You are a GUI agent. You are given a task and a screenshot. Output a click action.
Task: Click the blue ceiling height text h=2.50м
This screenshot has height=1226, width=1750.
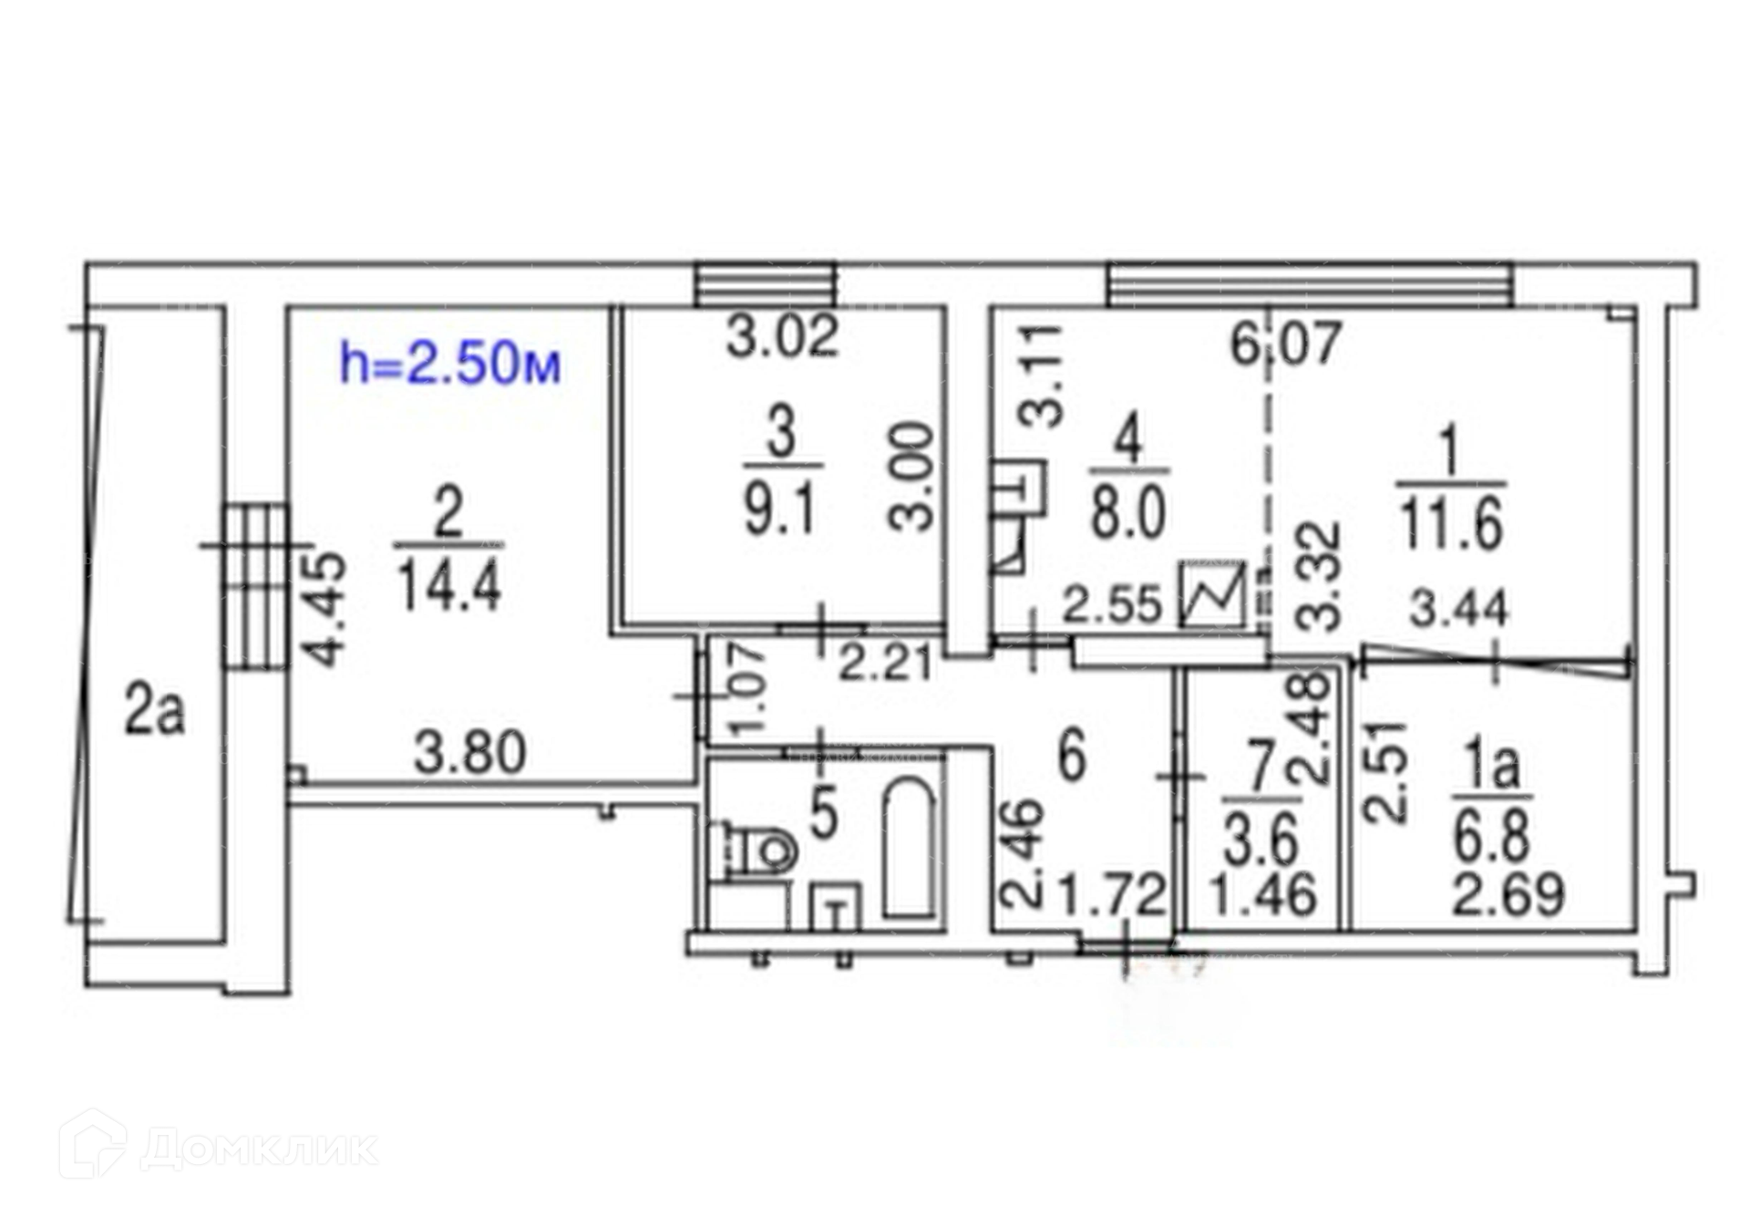pyautogui.click(x=449, y=364)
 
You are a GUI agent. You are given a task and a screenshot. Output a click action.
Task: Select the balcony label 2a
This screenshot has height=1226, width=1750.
pyautogui.click(x=154, y=713)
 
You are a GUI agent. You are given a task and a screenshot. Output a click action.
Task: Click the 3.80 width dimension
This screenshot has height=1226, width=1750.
pyautogui.click(x=470, y=755)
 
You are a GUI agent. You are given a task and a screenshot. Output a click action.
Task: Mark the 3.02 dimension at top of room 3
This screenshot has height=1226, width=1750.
pyautogui.click(x=782, y=337)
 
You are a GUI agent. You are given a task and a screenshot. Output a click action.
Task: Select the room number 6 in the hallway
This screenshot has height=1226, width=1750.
pyautogui.click(x=1072, y=755)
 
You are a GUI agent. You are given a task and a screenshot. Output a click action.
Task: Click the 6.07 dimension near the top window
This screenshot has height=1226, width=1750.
pyautogui.click(x=1285, y=345)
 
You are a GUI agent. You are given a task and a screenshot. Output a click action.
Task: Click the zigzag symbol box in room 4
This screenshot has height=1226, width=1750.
pyautogui.click(x=1213, y=593)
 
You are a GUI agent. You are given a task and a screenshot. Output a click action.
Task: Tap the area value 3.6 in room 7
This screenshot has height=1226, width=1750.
pyautogui.click(x=1261, y=840)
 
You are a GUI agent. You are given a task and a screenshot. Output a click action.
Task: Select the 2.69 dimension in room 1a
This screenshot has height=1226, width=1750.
pyautogui.click(x=1508, y=895)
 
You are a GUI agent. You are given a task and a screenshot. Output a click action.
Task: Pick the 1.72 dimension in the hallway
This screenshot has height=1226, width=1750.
pyautogui.click(x=1111, y=895)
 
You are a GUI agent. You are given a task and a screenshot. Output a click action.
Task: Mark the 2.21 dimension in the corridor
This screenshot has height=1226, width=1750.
pyautogui.click(x=885, y=663)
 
